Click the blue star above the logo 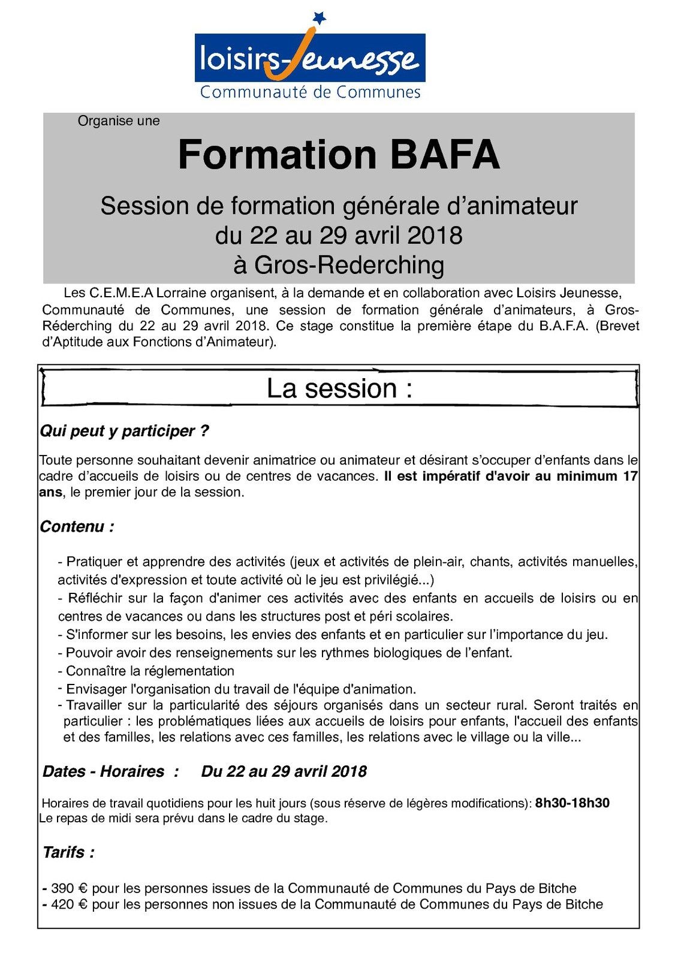[320, 18]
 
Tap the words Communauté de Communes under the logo [310, 92]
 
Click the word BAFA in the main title [445, 155]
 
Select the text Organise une [119, 121]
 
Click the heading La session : [339, 388]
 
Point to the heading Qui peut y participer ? [124, 431]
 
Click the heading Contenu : [77, 527]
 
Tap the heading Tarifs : [68, 852]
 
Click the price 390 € [69, 888]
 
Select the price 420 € [69, 904]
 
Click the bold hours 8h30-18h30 [572, 803]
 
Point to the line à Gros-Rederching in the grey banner [339, 265]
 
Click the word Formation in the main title [277, 155]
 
